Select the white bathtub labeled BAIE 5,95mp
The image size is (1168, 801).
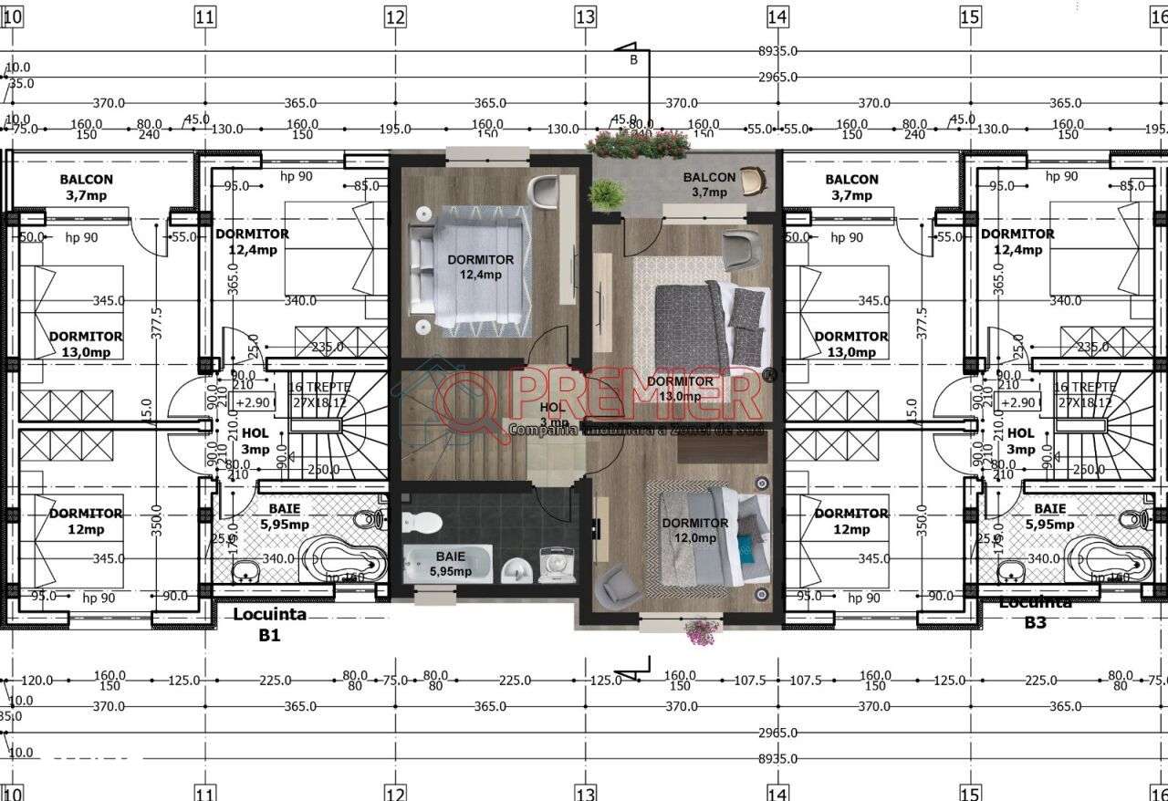(448, 563)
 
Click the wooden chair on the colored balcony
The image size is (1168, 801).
(752, 181)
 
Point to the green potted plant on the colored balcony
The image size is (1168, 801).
(606, 193)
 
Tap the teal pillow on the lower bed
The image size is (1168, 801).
(745, 546)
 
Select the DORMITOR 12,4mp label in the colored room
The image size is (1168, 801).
(480, 266)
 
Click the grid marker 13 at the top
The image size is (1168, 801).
(585, 16)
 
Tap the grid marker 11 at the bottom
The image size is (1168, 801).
(204, 793)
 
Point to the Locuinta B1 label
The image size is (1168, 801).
(268, 624)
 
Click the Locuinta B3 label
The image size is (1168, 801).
(1035, 613)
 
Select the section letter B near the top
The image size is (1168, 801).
(633, 60)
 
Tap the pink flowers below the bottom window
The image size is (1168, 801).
(701, 631)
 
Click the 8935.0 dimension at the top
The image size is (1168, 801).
(777, 52)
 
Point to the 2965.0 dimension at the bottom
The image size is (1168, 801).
(777, 733)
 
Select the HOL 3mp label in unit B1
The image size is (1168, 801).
(255, 442)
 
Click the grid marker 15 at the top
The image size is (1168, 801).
(969, 16)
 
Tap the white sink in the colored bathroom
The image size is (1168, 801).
(517, 569)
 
